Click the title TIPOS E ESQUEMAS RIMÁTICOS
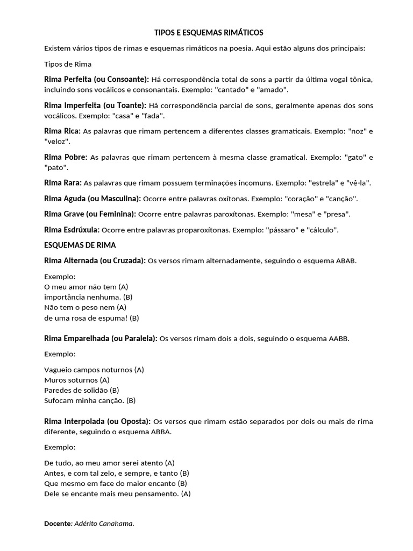(x=206, y=33)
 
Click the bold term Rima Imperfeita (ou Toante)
(x=95, y=105)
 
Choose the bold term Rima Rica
(x=62, y=131)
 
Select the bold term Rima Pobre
(x=66, y=157)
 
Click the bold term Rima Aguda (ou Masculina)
(x=92, y=199)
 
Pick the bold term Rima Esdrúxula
(x=72, y=230)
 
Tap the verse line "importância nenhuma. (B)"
(x=88, y=297)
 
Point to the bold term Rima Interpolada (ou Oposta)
(x=98, y=421)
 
